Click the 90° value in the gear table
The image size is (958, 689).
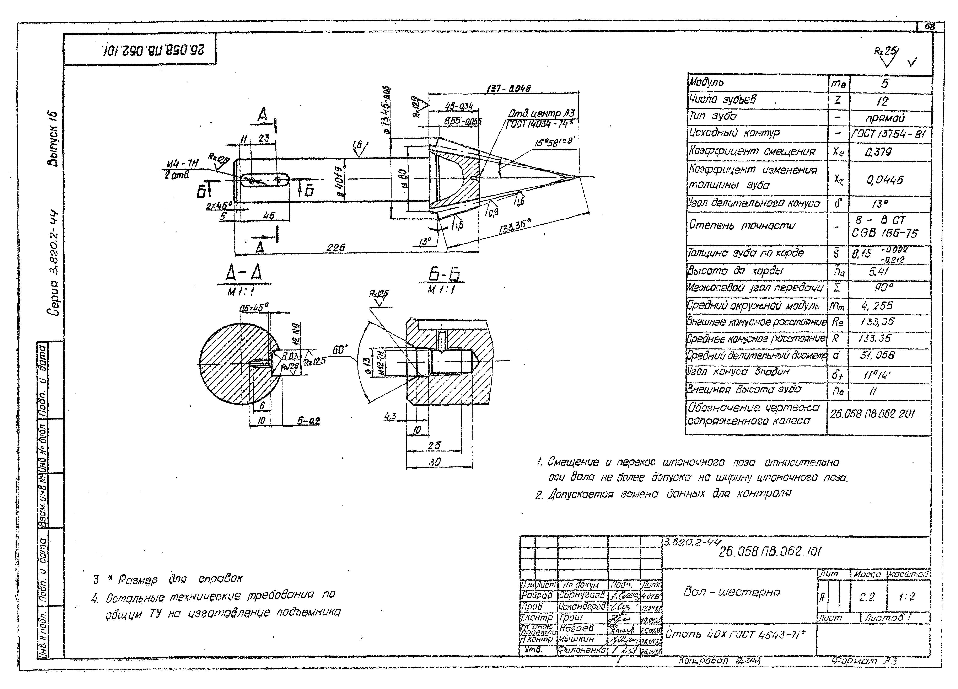point(884,288)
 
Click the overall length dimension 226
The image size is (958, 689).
point(336,247)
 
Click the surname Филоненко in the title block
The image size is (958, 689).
point(582,649)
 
